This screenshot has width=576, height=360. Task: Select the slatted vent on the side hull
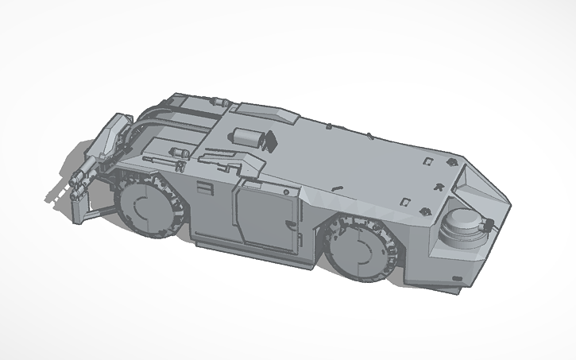point(206,190)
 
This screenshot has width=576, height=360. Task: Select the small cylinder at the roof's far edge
point(216,103)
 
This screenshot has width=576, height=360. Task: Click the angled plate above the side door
point(266,180)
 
